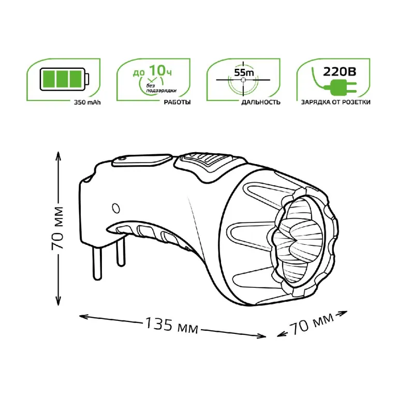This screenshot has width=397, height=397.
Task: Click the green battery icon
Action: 65,79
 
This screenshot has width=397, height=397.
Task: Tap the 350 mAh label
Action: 87,102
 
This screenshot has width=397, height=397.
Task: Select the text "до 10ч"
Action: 152,70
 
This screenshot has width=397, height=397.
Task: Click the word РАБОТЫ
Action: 177,102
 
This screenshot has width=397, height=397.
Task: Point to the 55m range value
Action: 244,72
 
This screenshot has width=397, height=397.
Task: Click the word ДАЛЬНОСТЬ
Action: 261,102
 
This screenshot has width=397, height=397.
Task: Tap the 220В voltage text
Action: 340,71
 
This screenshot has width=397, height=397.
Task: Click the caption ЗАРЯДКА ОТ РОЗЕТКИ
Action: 335,102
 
